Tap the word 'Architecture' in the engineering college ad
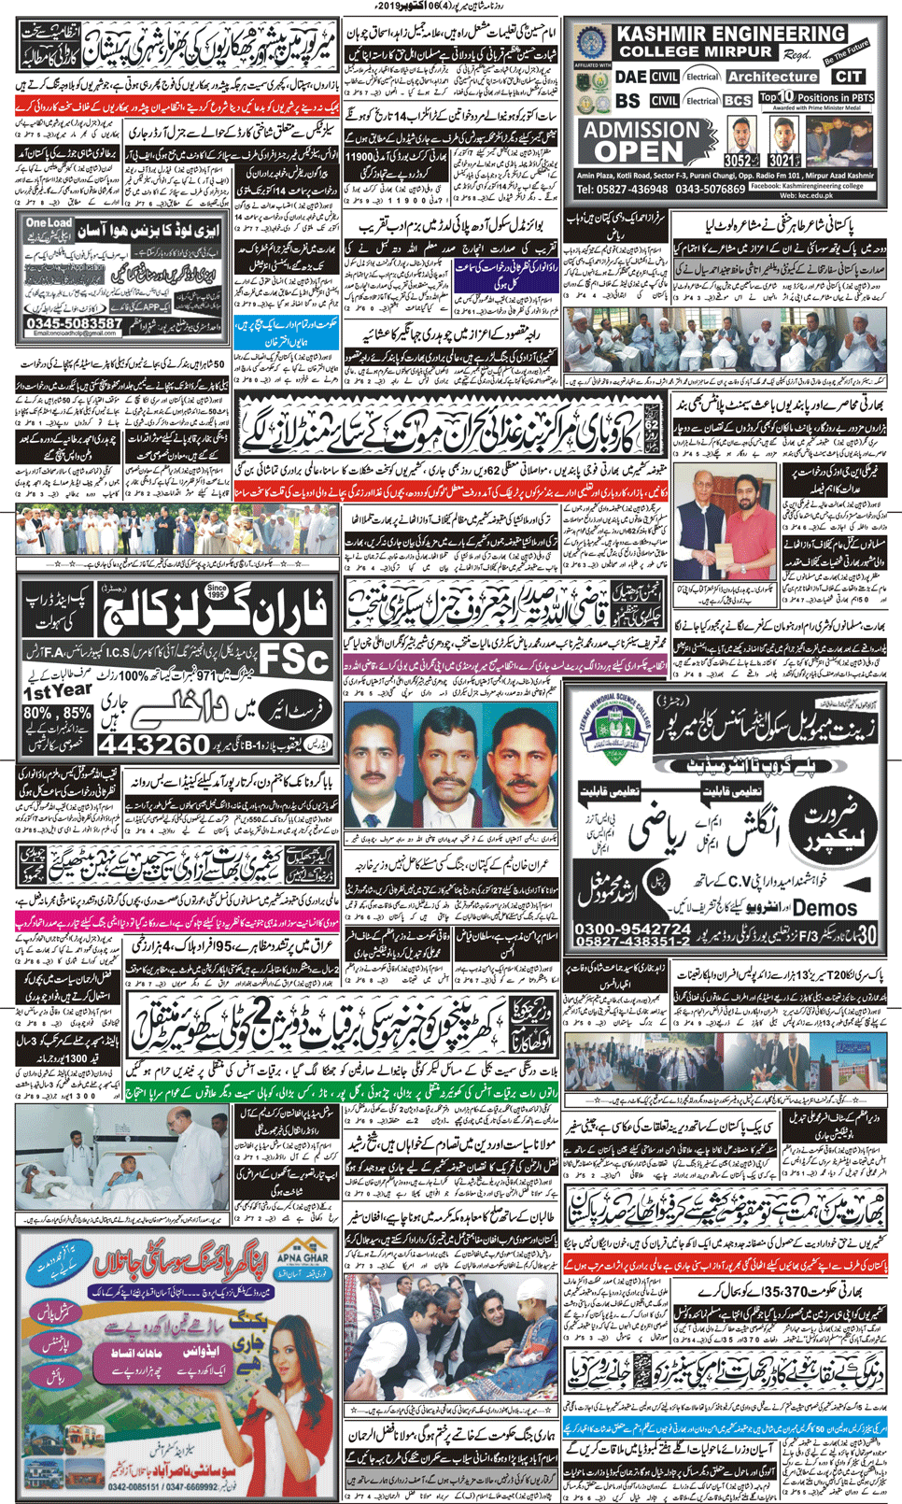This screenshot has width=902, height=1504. click(x=771, y=77)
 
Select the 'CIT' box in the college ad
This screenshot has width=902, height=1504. click(x=849, y=77)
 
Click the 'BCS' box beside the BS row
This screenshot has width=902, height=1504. click(x=738, y=100)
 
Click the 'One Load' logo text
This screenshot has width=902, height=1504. click(x=49, y=222)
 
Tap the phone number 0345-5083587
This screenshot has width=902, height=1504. click(x=75, y=323)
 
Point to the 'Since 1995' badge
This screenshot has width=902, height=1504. click(x=216, y=593)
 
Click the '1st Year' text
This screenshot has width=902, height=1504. click(x=56, y=690)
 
